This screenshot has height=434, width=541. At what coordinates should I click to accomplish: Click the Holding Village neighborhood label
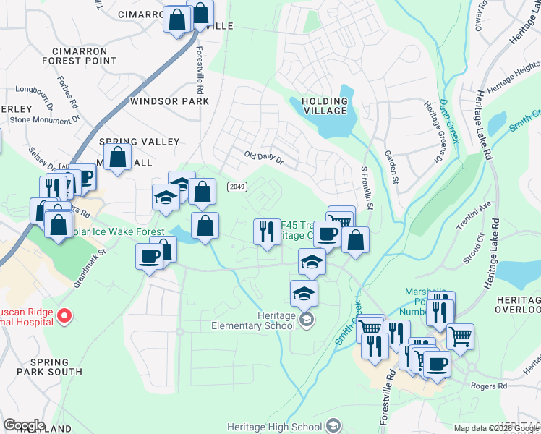pos(325,106)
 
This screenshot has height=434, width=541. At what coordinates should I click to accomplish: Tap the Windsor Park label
pos(169,102)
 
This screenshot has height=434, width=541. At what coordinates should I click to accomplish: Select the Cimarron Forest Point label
pos(85,56)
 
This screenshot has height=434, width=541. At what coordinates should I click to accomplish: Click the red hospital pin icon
pos(64,315)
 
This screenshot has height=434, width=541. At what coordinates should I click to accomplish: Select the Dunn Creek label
pos(449,122)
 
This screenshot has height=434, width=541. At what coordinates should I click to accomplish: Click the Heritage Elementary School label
pos(253,320)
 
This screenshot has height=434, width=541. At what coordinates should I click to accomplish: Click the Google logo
pos(23,425)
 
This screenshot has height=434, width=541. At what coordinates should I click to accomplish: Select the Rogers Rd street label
pos(492,386)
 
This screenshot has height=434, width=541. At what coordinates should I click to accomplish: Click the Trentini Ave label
pos(474,216)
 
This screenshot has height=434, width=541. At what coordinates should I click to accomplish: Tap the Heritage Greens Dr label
pos(431,123)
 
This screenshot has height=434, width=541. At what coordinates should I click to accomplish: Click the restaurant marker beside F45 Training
pos(266,232)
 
